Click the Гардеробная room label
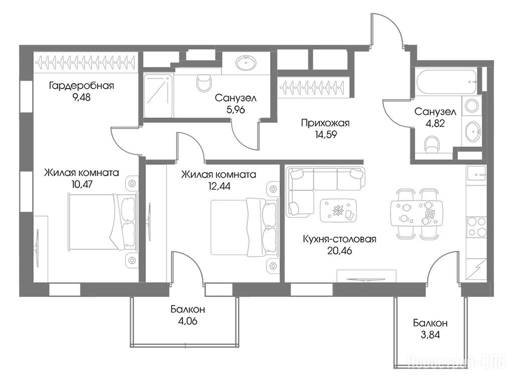coord(82,86)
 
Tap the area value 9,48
coord(82,97)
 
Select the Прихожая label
coord(325,123)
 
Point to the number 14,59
coord(326,134)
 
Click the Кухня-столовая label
coord(340,239)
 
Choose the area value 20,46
coord(340,251)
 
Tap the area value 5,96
coord(235,110)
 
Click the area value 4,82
coord(435,123)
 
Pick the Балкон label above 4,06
coord(188,309)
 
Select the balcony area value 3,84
coord(430,335)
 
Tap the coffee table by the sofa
coord(338,210)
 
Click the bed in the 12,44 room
coord(244,227)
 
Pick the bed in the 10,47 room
coord(102,222)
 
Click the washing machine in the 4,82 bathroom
coord(471,106)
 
